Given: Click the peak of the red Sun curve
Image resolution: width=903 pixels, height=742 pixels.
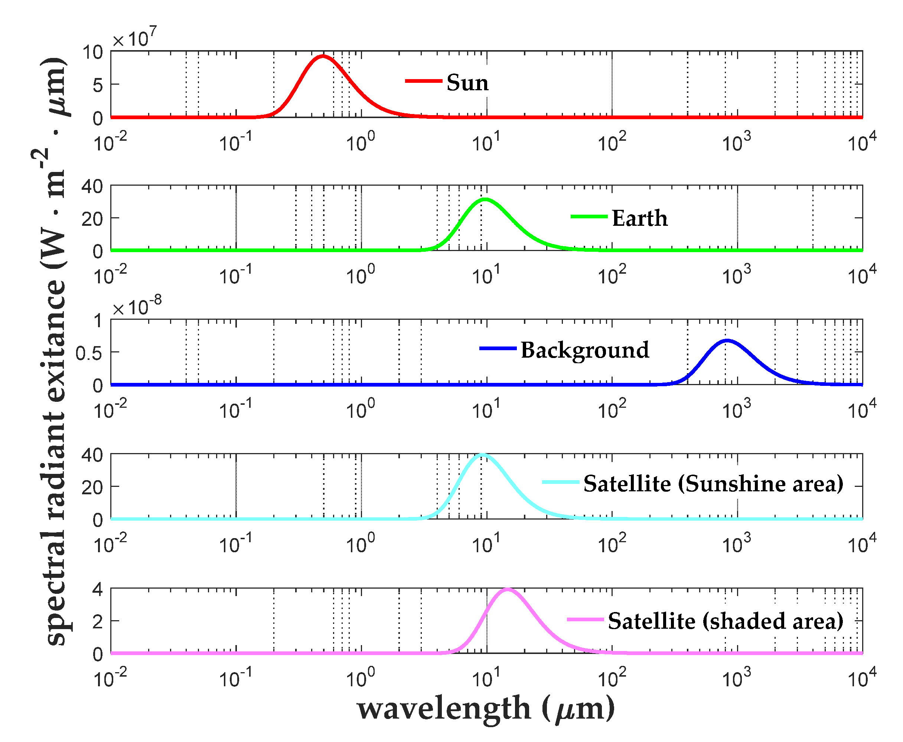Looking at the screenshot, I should [x=323, y=56].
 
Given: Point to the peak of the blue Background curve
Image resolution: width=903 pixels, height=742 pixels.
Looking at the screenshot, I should [x=727, y=341].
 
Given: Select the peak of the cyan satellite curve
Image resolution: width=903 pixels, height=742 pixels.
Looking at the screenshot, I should [x=482, y=455].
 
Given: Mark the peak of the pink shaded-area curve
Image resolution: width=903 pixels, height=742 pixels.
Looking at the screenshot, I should [x=507, y=589].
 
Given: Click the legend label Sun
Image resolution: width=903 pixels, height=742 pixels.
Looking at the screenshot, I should [x=467, y=82].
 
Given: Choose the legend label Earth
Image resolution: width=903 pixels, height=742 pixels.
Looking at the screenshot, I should [x=639, y=218].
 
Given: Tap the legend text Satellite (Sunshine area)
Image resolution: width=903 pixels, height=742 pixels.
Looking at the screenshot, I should [x=713, y=484].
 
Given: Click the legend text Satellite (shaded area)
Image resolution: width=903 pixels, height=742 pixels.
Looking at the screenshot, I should [x=725, y=621].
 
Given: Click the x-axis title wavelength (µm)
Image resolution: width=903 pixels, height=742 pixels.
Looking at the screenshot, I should [x=486, y=709].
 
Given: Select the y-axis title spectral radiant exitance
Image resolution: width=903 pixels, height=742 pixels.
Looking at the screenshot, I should [x=53, y=351].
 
